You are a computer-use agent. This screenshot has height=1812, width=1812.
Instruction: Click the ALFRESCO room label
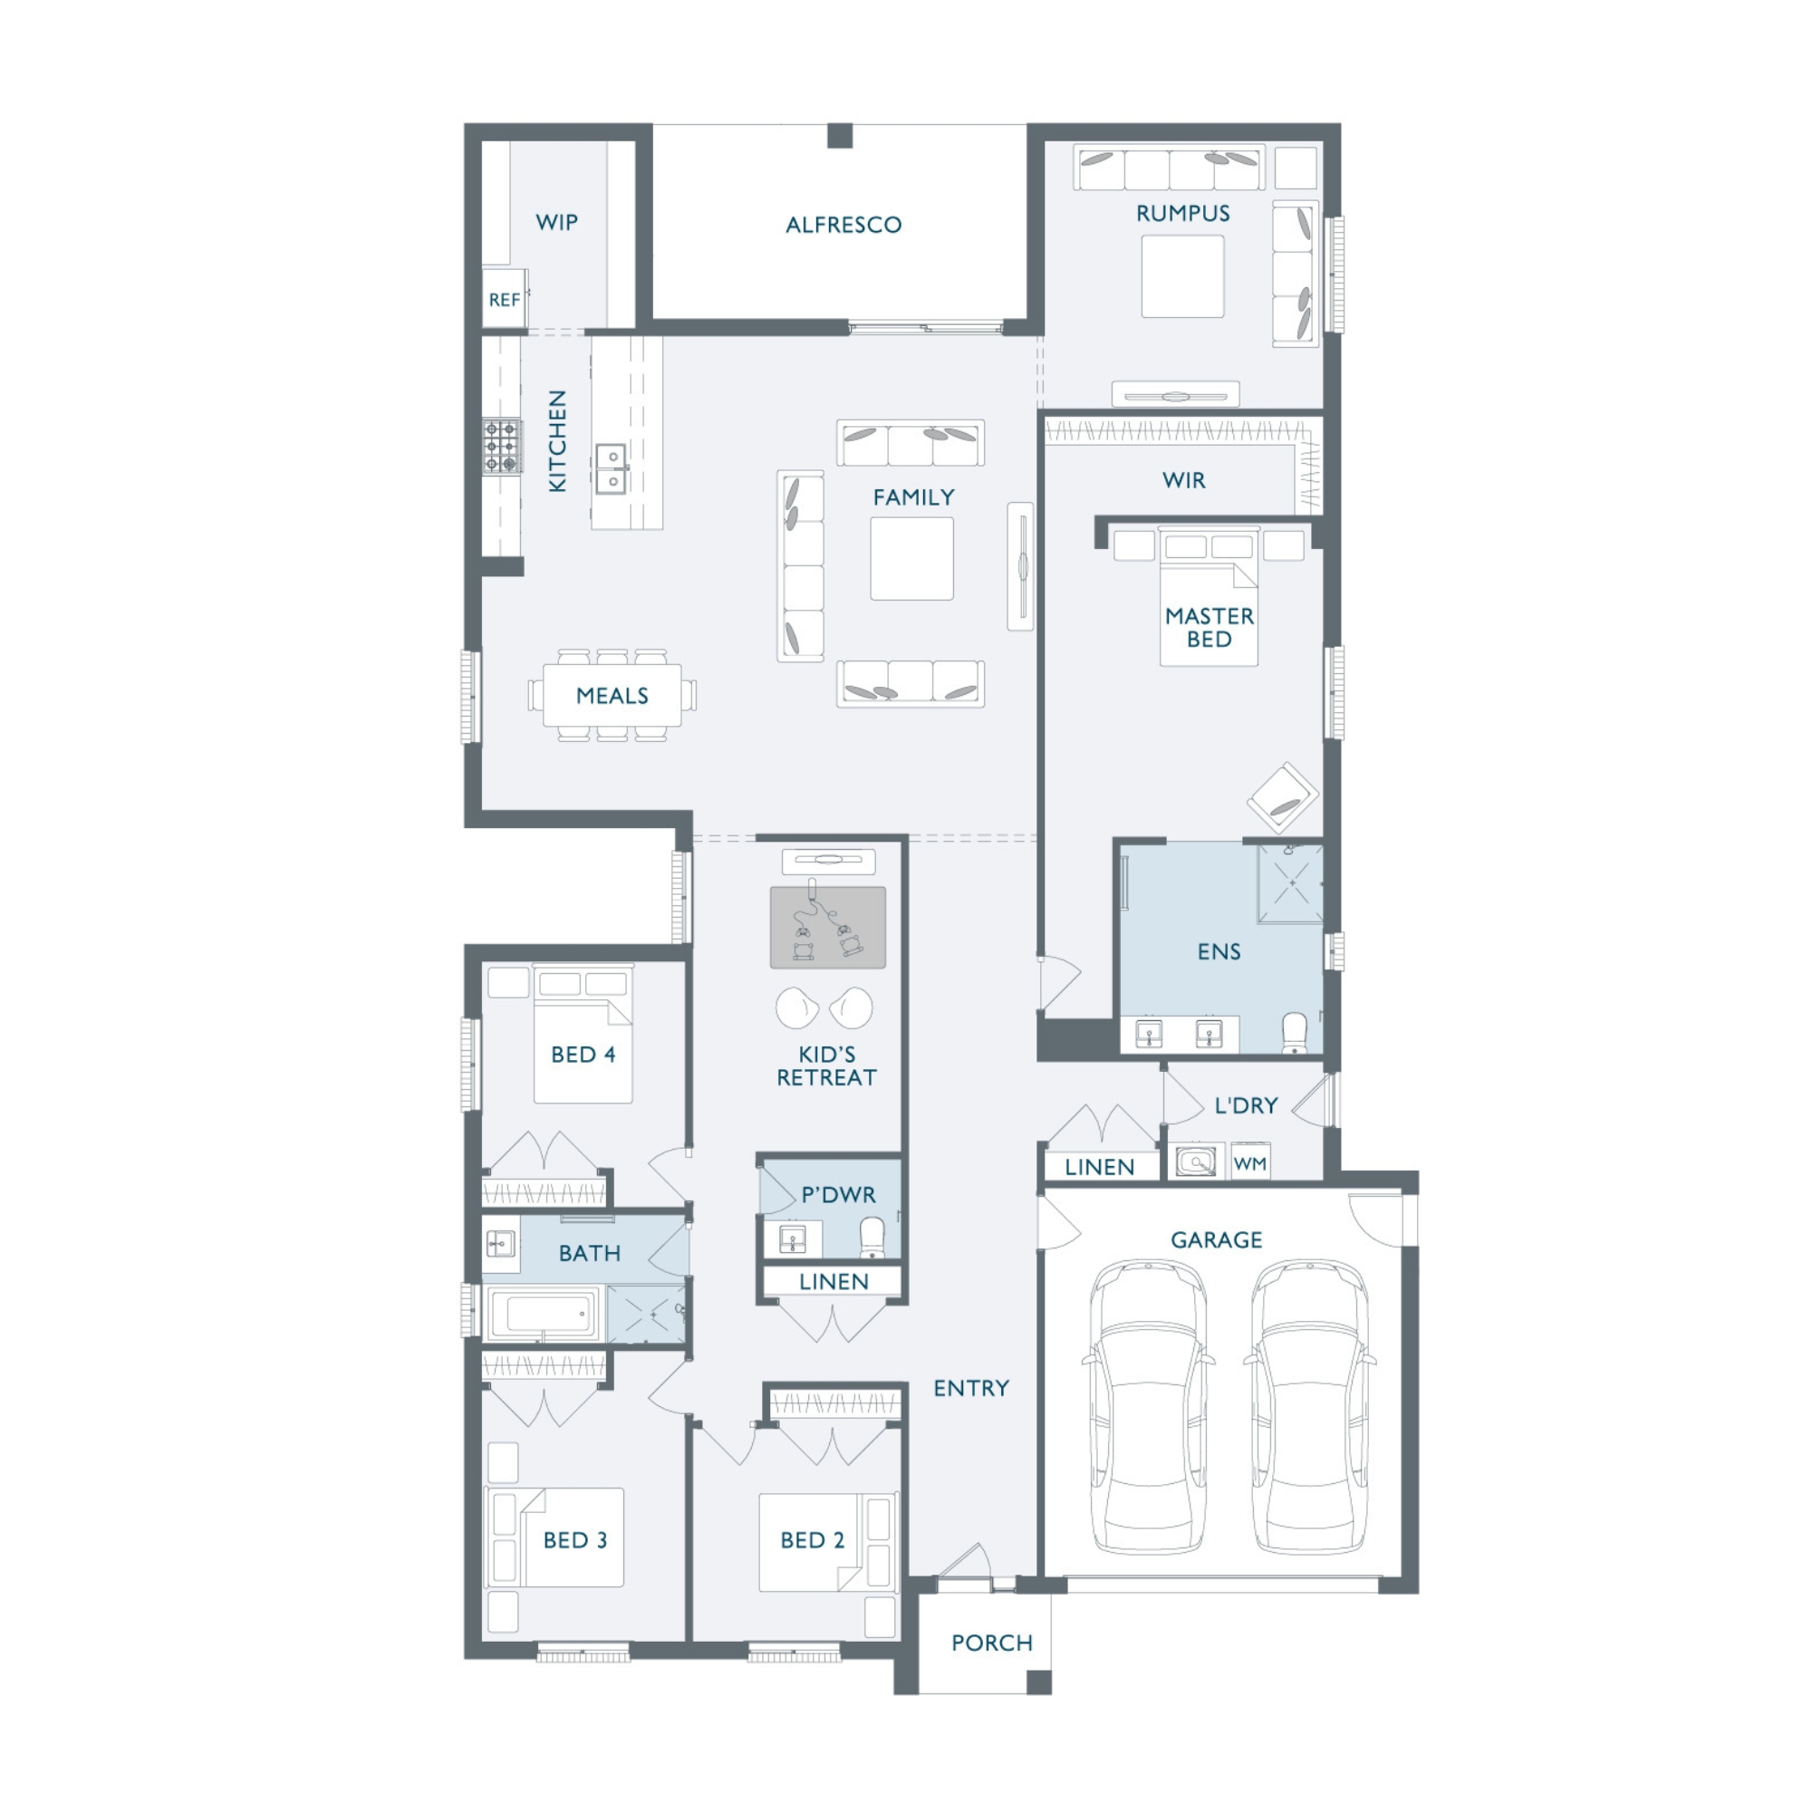(843, 225)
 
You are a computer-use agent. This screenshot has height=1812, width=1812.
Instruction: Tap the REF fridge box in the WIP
(505, 298)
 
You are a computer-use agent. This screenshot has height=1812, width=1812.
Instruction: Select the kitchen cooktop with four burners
(502, 447)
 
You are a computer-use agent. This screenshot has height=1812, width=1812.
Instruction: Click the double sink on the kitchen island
(612, 469)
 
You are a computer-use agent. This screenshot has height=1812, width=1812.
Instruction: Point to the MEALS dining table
(612, 695)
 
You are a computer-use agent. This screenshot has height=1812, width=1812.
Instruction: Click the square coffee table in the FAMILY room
(911, 558)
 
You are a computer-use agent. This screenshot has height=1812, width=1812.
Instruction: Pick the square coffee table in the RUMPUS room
(1182, 275)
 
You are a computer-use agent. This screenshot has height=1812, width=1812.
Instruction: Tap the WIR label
(1183, 480)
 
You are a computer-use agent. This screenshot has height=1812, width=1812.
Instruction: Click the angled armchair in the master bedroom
(1282, 797)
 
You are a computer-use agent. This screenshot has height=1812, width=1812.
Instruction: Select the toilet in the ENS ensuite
(1295, 1033)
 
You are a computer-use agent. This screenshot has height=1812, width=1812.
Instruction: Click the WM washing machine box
(1250, 1163)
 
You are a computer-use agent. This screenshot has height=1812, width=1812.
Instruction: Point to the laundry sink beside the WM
(1196, 1162)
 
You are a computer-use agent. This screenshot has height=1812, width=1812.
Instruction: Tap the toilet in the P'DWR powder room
(872, 1238)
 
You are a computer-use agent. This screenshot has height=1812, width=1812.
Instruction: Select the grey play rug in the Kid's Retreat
(827, 928)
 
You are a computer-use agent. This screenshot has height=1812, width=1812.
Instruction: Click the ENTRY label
(970, 1388)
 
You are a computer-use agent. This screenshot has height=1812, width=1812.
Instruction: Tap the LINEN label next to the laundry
(1099, 1167)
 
